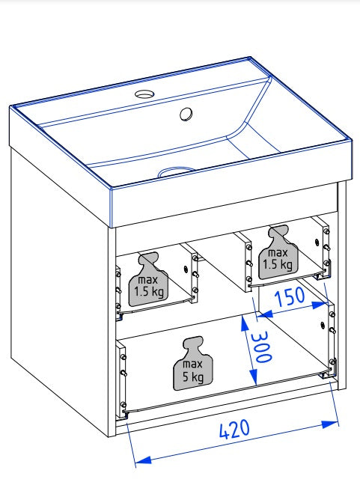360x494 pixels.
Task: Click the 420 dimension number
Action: (x=234, y=429)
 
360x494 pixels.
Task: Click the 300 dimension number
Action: (x=261, y=347)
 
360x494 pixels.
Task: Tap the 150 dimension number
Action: (x=290, y=296)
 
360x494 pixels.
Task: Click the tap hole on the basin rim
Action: (x=144, y=94)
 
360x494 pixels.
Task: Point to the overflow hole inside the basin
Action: (x=186, y=114)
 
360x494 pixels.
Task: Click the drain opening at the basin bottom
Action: (x=177, y=171)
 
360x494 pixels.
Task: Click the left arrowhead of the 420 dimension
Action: (x=141, y=460)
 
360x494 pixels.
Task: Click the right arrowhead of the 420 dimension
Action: (x=331, y=424)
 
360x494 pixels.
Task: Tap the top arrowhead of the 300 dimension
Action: (x=245, y=323)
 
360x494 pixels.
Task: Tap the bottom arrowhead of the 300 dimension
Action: (x=254, y=376)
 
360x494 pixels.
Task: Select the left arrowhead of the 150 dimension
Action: (x=264, y=314)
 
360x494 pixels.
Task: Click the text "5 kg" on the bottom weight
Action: (x=193, y=376)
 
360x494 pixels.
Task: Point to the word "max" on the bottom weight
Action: (x=192, y=364)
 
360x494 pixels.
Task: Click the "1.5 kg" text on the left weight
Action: (x=149, y=291)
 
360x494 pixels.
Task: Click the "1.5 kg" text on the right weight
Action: (x=278, y=265)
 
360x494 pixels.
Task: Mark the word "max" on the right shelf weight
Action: (x=278, y=253)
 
